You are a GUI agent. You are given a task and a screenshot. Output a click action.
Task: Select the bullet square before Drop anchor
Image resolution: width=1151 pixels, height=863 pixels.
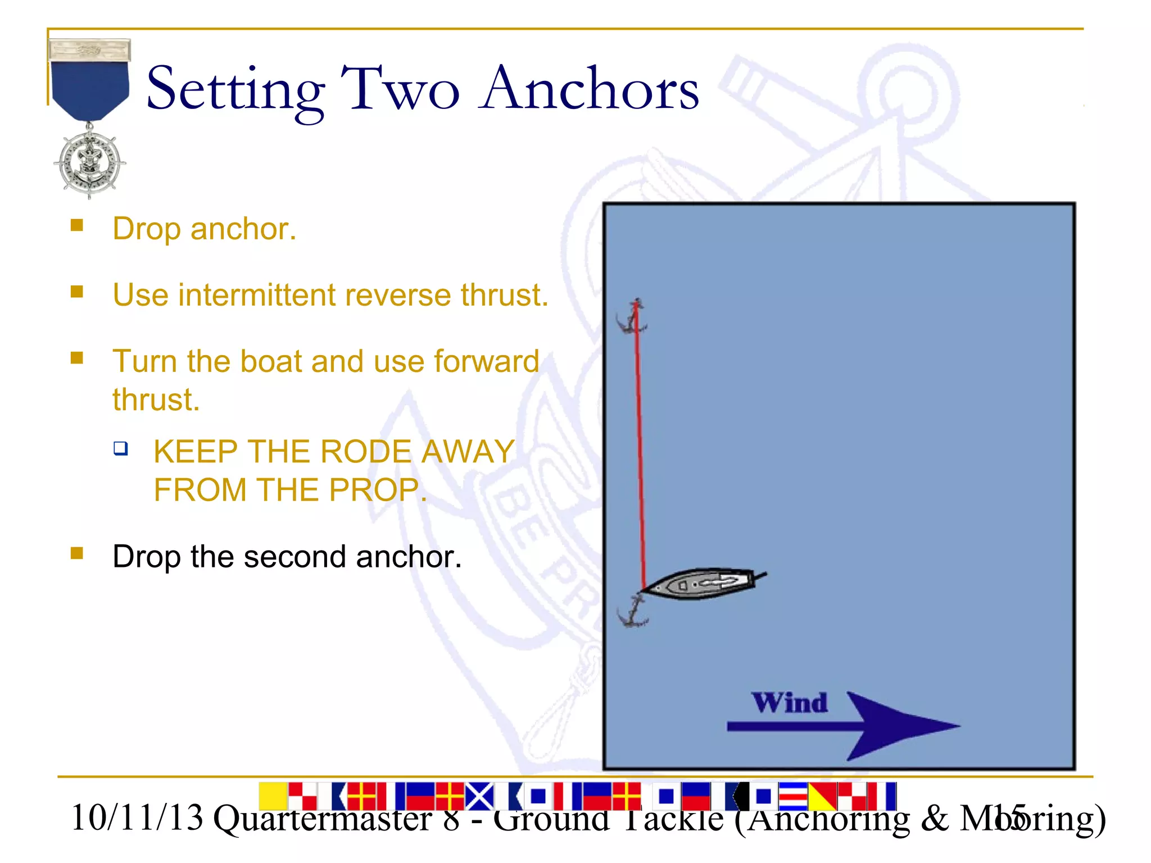coord(77,225)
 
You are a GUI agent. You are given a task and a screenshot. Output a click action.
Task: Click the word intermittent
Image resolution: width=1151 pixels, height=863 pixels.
coord(257,295)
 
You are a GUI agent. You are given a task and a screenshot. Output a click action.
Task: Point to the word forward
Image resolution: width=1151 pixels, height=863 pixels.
coord(486,361)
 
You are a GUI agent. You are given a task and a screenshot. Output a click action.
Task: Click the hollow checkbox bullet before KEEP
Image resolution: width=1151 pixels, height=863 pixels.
coord(120,448)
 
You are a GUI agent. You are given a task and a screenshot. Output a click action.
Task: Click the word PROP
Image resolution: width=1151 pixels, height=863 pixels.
coord(374,490)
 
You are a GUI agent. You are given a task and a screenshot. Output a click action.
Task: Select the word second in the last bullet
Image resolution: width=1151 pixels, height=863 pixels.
coord(294,557)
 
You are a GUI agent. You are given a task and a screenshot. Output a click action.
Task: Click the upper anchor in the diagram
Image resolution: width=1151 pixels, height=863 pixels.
coord(632,318)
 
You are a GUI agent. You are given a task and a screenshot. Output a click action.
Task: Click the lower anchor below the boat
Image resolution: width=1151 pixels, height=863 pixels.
coord(633,612)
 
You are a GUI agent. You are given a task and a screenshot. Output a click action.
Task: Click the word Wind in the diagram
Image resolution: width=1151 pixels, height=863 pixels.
coord(790,703)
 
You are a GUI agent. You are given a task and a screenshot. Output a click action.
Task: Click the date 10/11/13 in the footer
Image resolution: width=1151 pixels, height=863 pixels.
coord(137,818)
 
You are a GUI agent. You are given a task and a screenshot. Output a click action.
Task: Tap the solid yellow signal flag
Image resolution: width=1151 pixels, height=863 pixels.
coord(273,796)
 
